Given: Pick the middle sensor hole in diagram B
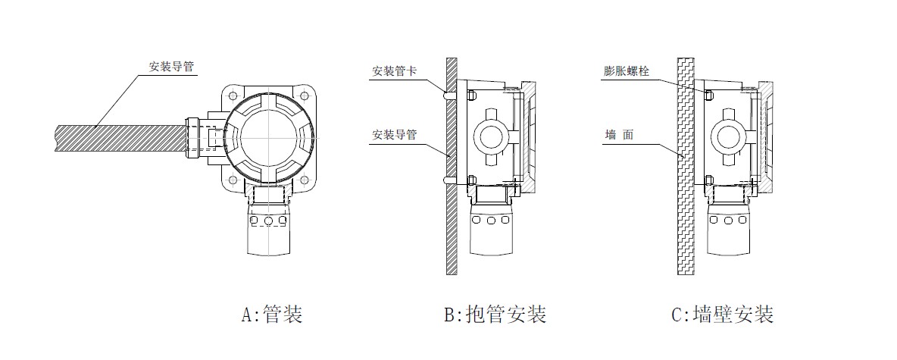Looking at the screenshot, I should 491,221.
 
